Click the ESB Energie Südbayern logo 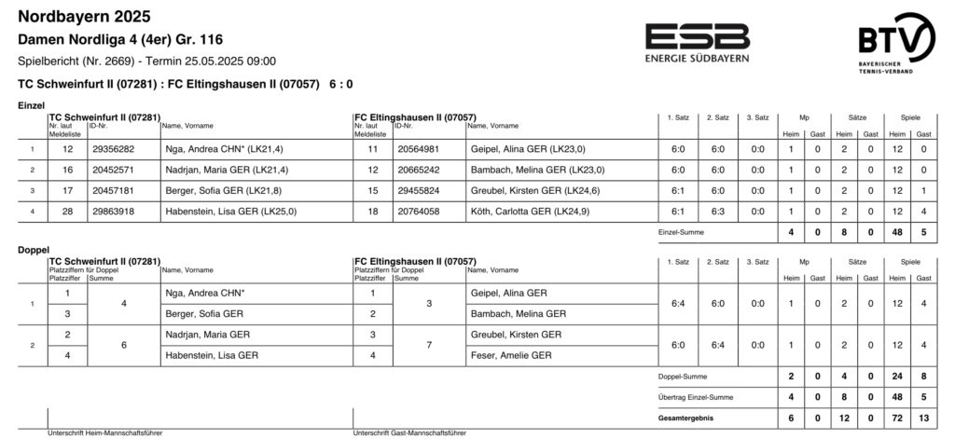click(697, 43)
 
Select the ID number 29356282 click(114, 149)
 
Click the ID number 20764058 click(419, 212)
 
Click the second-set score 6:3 click(718, 212)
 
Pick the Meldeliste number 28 click(67, 212)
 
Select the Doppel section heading click(35, 251)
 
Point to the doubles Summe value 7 click(428, 345)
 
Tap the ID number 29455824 click(419, 191)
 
